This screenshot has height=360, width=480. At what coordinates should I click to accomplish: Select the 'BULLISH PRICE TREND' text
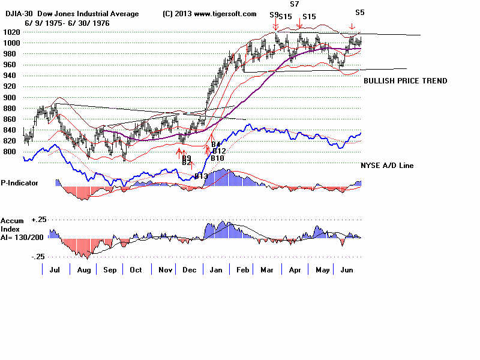coord(405,81)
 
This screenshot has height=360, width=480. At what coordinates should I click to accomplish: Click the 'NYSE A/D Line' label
coord(387,166)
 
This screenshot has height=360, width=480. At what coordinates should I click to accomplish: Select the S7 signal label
coord(294,4)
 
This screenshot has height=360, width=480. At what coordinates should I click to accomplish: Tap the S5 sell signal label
coord(359,12)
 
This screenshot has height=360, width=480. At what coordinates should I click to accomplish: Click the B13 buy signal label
coord(200,176)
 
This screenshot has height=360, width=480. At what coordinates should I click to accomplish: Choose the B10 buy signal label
coord(217,158)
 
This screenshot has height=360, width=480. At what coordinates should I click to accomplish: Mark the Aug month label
coord(83,271)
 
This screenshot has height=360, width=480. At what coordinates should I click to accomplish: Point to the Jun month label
coord(346,271)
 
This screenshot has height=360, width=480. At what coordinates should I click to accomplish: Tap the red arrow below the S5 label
coord(352,26)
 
